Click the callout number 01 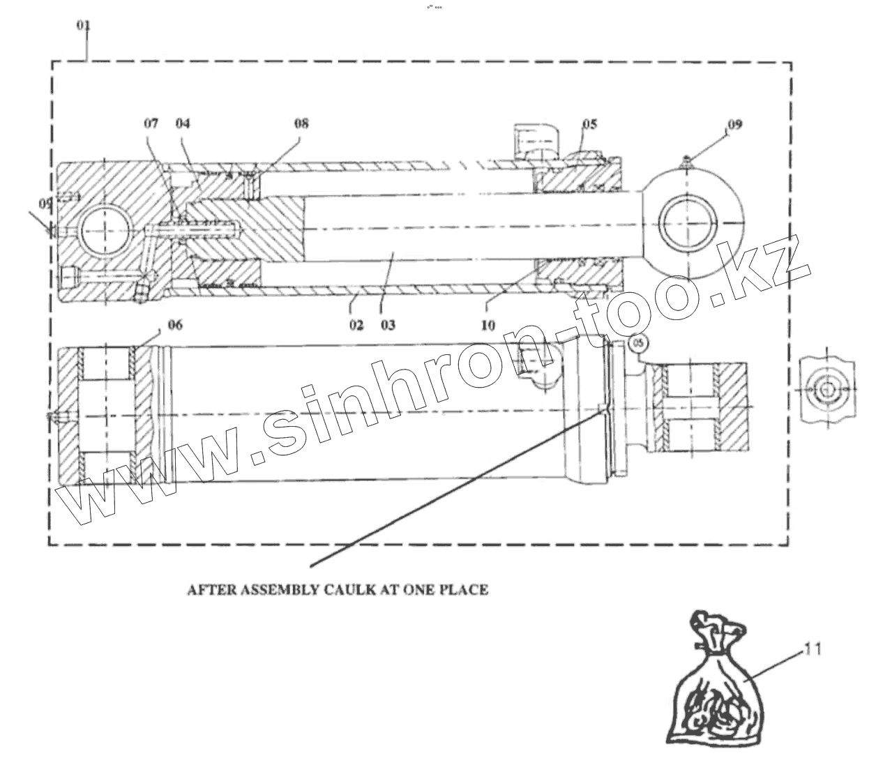[x=84, y=26]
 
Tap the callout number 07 [x=151, y=124]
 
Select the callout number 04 [x=183, y=124]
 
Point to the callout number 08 [x=301, y=124]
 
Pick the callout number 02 [x=356, y=325]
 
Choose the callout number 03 [x=388, y=325]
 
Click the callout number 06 [x=175, y=325]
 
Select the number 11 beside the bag [x=812, y=649]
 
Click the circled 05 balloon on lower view [x=638, y=342]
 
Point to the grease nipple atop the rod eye [x=686, y=161]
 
